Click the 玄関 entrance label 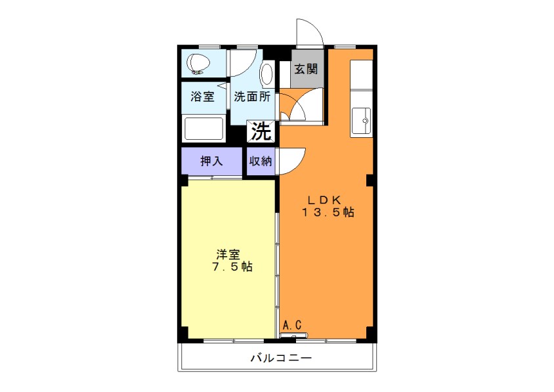pyautogui.click(x=306, y=69)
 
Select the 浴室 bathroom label pyautogui.click(x=202, y=97)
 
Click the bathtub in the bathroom pyautogui.click(x=204, y=129)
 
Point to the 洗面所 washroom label pyautogui.click(x=252, y=97)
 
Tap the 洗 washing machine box pyautogui.click(x=261, y=131)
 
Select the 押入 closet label pyautogui.click(x=211, y=161)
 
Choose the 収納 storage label pyautogui.click(x=261, y=161)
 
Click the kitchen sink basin pyautogui.click(x=362, y=121)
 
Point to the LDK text pyautogui.click(x=324, y=200)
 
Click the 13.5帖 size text pyautogui.click(x=328, y=212)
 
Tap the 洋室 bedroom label pyautogui.click(x=228, y=255)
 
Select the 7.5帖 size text pyautogui.click(x=232, y=267)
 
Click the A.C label pyautogui.click(x=293, y=325)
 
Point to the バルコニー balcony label pyautogui.click(x=281, y=359)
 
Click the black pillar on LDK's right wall pyautogui.click(x=370, y=181)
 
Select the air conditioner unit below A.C pyautogui.click(x=294, y=335)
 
